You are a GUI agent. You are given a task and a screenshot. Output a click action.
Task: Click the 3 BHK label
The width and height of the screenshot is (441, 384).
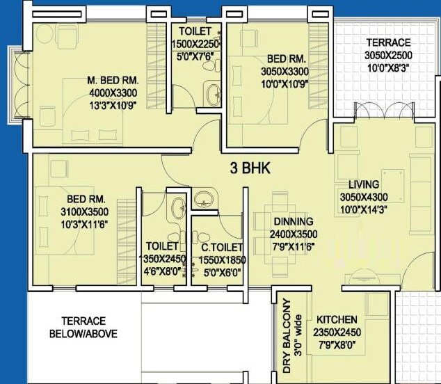250,168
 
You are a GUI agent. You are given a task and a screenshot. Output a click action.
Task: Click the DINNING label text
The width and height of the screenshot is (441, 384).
292,222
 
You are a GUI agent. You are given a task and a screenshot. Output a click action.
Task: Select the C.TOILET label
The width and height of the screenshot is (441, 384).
223,248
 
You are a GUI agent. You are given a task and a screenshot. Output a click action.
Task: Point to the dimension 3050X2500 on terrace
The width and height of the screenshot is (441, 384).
389,56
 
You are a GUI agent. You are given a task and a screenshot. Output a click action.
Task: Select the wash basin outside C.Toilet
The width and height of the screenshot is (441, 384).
204,198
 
